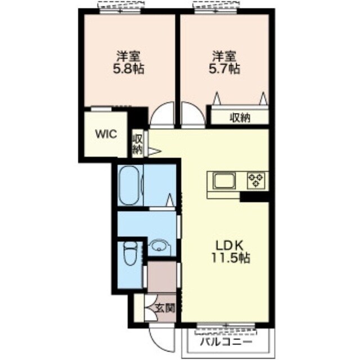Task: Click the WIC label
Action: tap(106, 134)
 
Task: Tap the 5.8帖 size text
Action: tap(129, 69)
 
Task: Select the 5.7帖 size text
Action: tap(224, 69)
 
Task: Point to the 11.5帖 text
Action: tap(231, 258)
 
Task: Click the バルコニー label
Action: tap(226, 342)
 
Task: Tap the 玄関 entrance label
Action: tap(165, 308)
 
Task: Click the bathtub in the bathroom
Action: tap(130, 185)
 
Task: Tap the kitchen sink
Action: tap(224, 181)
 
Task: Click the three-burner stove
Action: tap(256, 181)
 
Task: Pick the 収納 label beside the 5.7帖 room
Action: tap(240, 118)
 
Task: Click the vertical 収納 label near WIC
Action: tap(137, 144)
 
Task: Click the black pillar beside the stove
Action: tap(254, 197)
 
